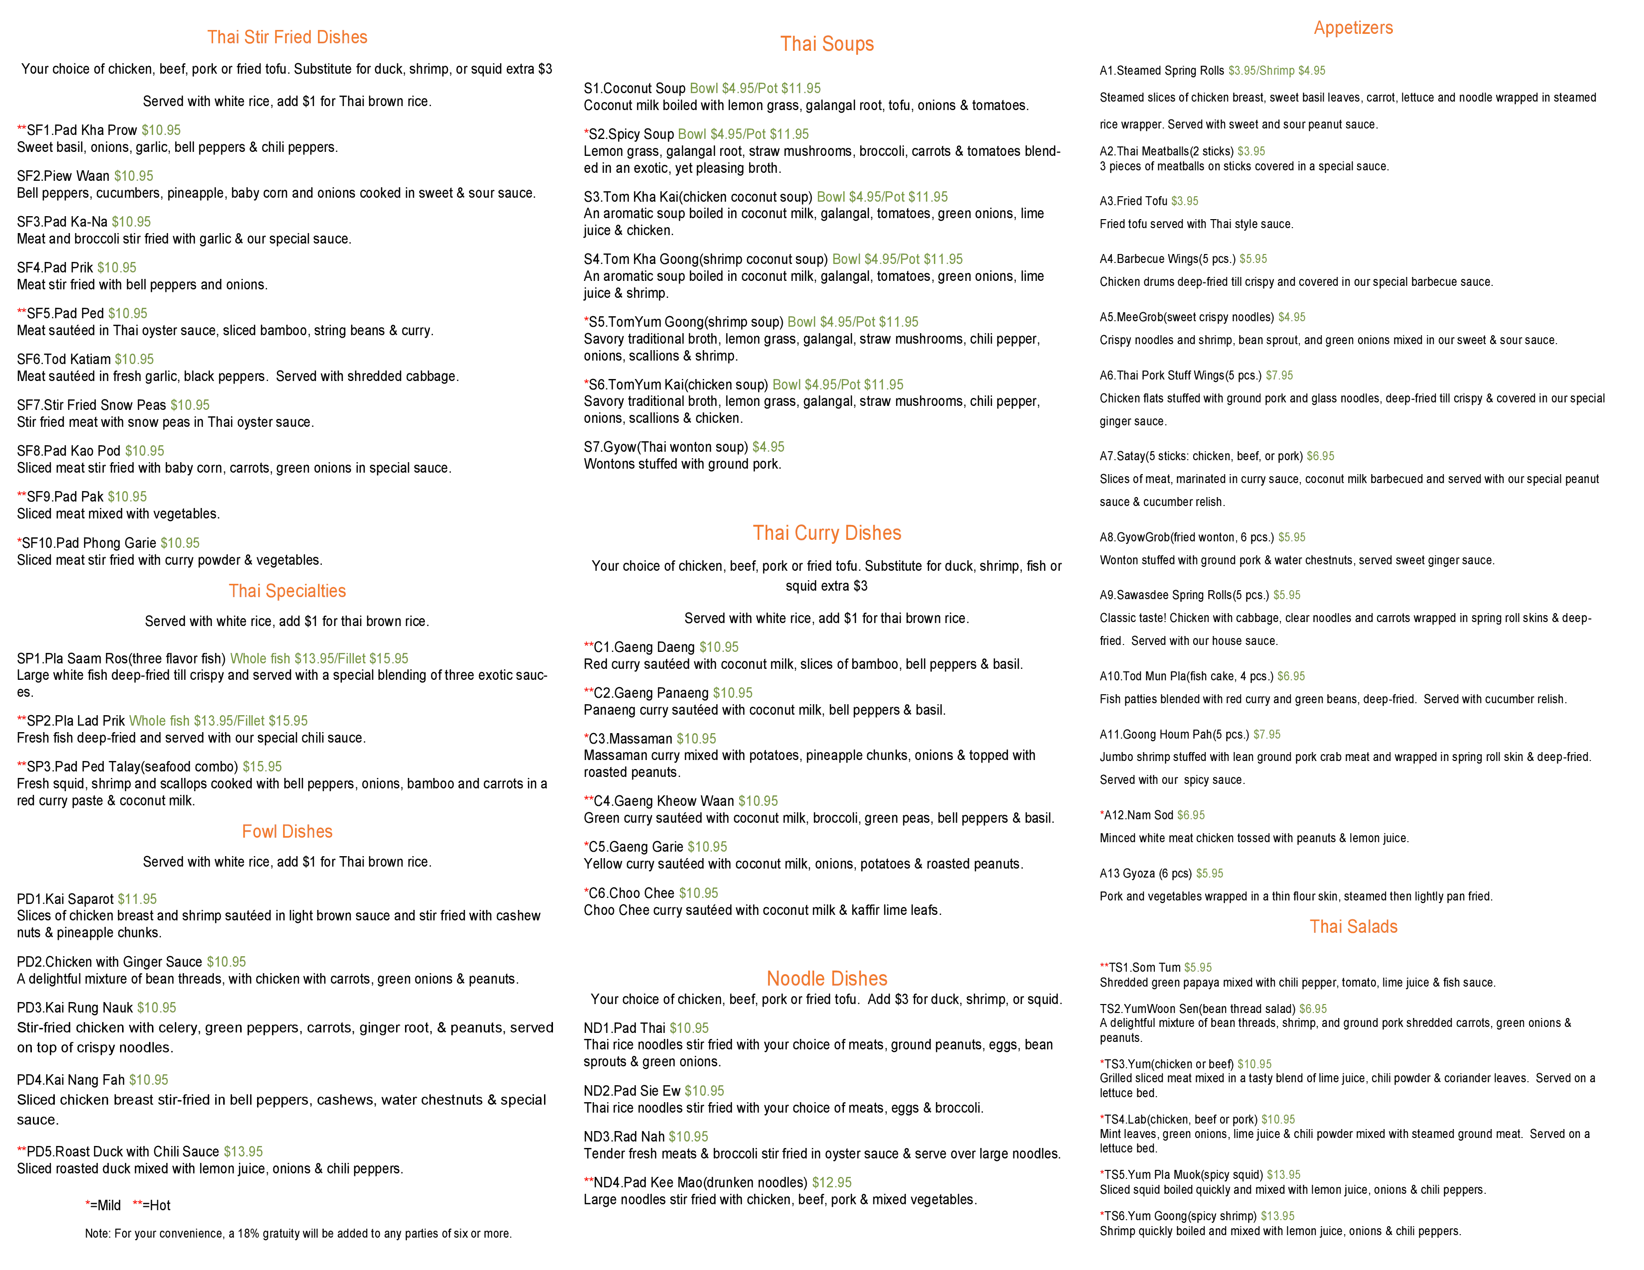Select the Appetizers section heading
(1353, 28)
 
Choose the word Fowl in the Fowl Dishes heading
(260, 831)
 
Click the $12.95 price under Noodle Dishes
(689, 1028)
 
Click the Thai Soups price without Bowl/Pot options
(768, 446)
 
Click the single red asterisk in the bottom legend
(89, 1205)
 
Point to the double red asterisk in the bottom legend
(138, 1205)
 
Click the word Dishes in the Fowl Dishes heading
(309, 831)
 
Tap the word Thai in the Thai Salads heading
(1324, 927)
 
